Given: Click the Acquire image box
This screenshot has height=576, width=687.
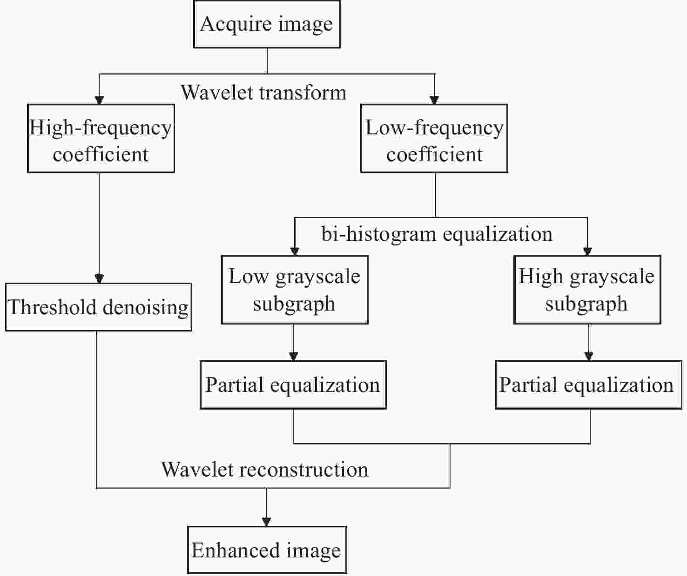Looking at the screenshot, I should (267, 24).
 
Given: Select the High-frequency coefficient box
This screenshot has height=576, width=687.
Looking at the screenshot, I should (101, 139).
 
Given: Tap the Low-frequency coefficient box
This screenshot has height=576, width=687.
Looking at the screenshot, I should (434, 139).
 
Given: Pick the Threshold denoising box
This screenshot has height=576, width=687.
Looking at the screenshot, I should (98, 307).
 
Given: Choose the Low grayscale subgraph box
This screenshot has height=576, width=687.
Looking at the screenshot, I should (294, 290).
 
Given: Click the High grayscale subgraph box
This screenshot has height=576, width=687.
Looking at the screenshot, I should (587, 290).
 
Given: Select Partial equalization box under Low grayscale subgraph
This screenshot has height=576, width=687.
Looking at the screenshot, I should (293, 385).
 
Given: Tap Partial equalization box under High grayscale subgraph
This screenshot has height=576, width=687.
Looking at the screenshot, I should (588, 385).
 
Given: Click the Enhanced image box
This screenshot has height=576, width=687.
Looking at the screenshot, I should (267, 550).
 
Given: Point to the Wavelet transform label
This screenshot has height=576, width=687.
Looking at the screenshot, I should (263, 93).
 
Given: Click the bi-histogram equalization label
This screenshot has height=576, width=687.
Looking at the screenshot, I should (437, 234).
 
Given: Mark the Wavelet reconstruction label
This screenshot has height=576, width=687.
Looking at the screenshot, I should (264, 470).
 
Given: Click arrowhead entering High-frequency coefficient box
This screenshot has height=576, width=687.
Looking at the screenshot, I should (99, 99).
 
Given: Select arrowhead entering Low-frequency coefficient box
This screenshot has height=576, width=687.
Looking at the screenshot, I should (434, 99).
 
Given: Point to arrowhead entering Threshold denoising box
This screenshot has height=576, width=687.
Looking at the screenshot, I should (99, 278).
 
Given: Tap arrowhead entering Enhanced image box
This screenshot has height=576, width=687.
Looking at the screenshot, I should (266, 522).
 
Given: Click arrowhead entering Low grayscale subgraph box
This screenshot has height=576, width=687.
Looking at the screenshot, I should (295, 251).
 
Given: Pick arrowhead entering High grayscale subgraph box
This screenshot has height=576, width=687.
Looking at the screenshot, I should (587, 251).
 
